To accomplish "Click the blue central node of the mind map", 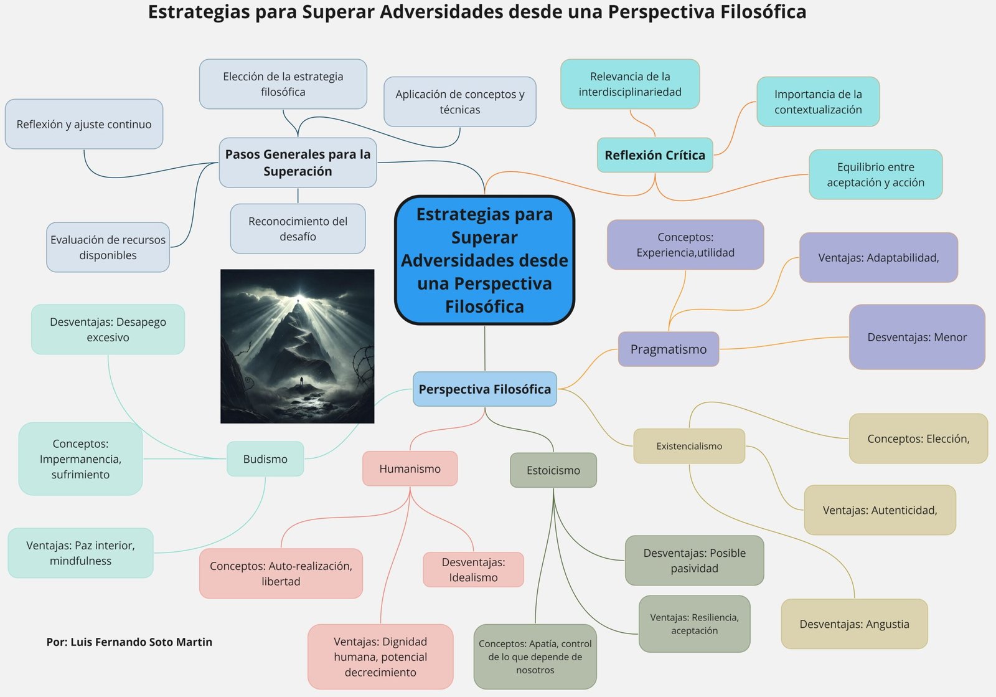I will click(484, 260).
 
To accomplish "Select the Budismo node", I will click(265, 459).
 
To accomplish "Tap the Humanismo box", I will click(410, 469).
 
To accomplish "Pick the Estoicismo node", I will click(553, 470).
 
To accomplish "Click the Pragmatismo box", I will click(668, 349).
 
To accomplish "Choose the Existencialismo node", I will click(689, 446).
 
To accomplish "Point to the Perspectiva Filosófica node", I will click(484, 389).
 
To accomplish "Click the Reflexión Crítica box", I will click(655, 155).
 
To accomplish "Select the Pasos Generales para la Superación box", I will click(298, 163).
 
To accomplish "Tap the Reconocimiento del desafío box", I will click(298, 229).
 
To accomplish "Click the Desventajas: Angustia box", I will click(854, 624).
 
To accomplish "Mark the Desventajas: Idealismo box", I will click(473, 570).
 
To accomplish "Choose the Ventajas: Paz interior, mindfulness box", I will click(80, 553).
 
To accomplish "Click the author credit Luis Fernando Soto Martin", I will click(129, 642).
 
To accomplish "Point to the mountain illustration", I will click(298, 346).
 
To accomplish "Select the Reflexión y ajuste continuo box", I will click(84, 124).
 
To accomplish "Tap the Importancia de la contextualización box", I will click(818, 102).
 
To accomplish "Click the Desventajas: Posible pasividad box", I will click(694, 561).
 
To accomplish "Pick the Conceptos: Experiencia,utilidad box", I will click(685, 245).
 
